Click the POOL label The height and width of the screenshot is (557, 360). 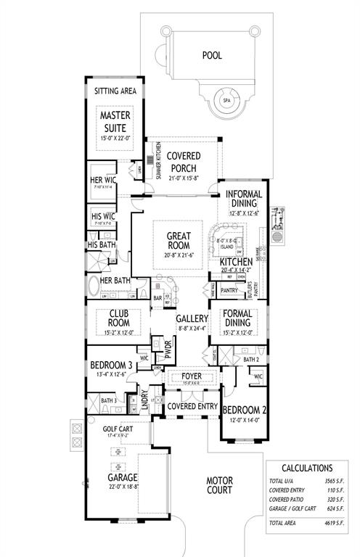(x=211, y=54)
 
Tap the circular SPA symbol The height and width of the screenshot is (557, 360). (x=227, y=100)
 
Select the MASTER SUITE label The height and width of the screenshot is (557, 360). (x=114, y=122)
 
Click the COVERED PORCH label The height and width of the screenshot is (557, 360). (x=183, y=162)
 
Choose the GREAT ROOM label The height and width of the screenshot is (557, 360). (x=178, y=241)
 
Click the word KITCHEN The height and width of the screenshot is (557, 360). (x=236, y=261)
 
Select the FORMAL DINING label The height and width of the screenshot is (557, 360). (x=239, y=318)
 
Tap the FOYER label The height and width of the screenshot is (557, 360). (x=191, y=376)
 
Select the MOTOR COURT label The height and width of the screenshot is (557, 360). (x=219, y=485)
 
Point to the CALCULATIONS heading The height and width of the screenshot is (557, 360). (x=307, y=469)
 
